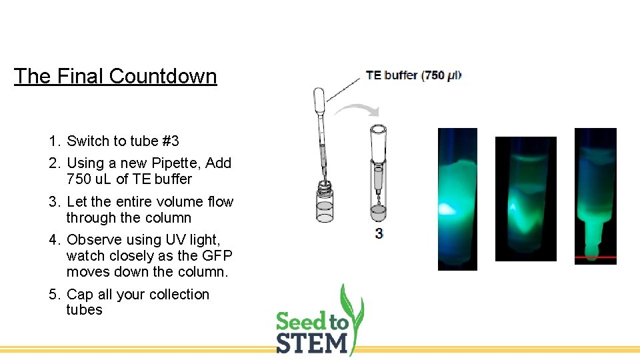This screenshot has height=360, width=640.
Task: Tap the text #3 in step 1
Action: [170, 141]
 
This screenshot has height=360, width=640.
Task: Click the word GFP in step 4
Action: [215, 255]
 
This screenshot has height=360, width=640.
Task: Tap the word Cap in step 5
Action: [80, 295]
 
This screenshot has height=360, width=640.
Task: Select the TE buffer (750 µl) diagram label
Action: [413, 75]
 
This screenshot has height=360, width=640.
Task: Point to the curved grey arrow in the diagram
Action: [357, 109]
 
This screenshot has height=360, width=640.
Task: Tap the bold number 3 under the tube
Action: [379, 233]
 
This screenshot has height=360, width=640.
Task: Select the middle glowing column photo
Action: [525, 198]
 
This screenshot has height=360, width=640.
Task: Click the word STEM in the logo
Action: [312, 343]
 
